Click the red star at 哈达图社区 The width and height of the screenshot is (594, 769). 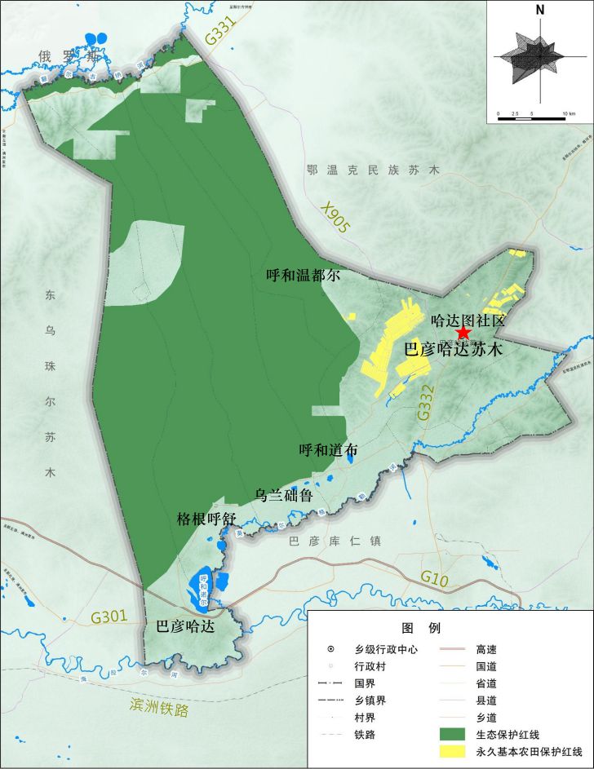click(x=463, y=333)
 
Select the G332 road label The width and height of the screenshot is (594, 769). click(x=423, y=402)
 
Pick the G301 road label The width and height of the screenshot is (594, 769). click(x=109, y=617)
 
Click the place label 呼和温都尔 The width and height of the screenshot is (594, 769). click(x=303, y=276)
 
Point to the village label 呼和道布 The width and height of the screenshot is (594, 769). click(x=328, y=450)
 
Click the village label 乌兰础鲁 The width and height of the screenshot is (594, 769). click(x=283, y=495)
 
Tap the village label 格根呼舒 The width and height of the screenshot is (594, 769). click(x=206, y=519)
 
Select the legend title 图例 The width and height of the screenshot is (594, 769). click(x=421, y=628)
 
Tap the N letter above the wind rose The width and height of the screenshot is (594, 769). click(x=540, y=10)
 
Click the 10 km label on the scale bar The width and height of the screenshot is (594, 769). click(x=568, y=113)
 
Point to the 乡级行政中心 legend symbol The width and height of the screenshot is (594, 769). click(x=330, y=650)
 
